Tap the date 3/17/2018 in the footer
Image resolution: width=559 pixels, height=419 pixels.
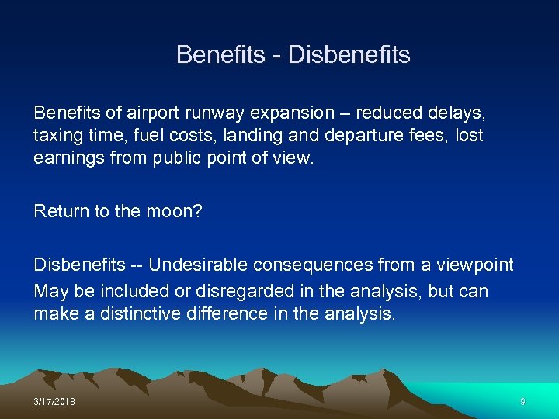click(x=54, y=401)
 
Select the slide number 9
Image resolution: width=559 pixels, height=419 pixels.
click(x=523, y=401)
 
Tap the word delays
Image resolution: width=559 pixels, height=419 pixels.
click(x=460, y=113)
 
